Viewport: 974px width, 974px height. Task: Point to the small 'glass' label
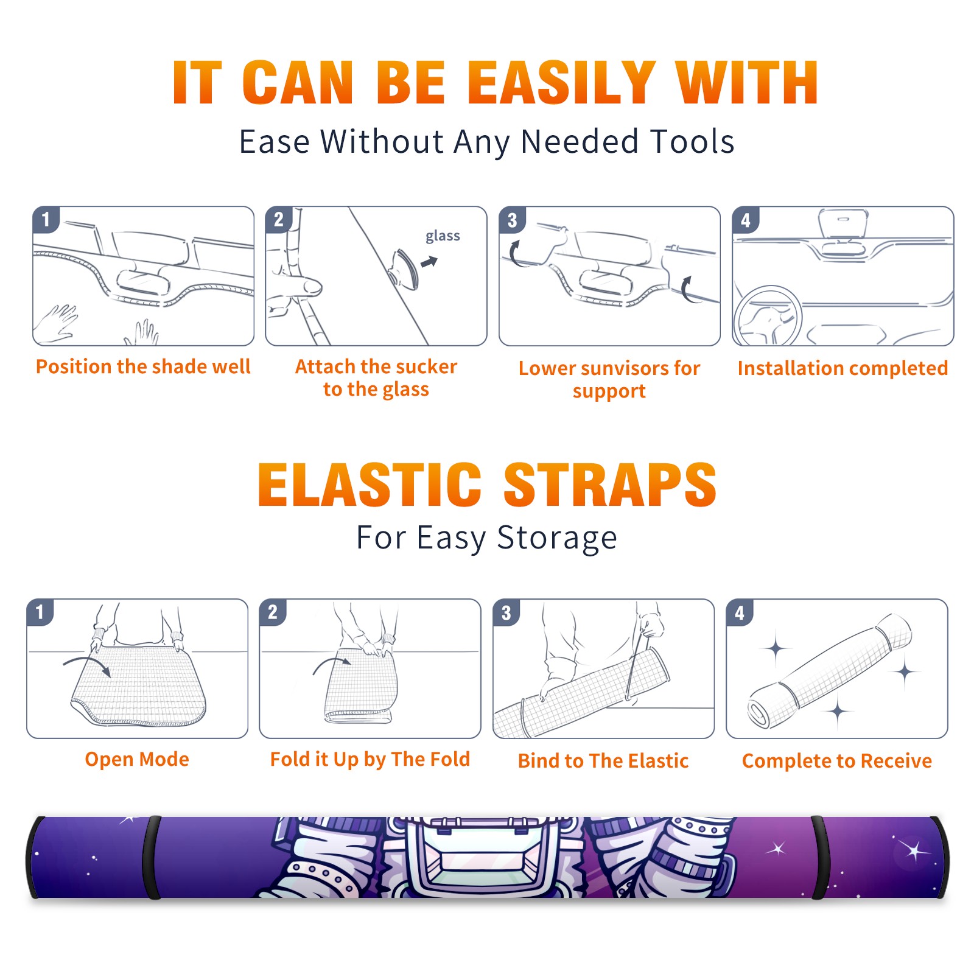pos(443,236)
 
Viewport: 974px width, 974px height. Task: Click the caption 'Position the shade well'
pos(143,366)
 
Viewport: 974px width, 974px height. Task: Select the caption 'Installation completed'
pos(843,368)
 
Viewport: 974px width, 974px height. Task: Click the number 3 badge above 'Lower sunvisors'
pos(512,220)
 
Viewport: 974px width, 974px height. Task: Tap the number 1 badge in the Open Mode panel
pos(40,612)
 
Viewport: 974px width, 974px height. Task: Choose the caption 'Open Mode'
pos(137,759)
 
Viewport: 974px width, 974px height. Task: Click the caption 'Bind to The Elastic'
pos(603,760)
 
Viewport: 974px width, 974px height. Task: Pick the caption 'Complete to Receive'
pos(837,760)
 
